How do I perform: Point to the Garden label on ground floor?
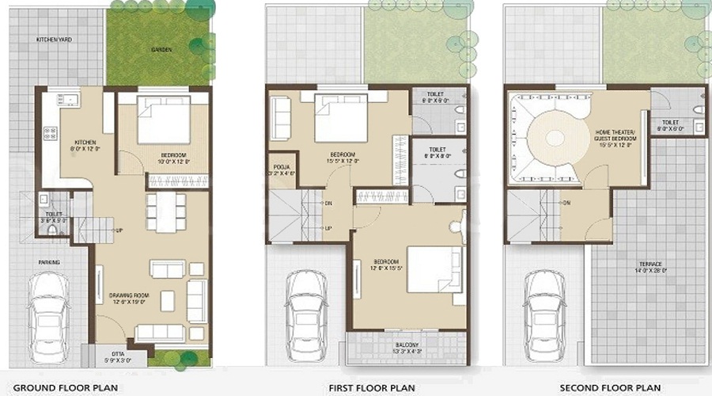coord(161,50)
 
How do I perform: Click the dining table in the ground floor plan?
coord(166,211)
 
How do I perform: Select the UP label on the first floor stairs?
coord(327,229)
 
